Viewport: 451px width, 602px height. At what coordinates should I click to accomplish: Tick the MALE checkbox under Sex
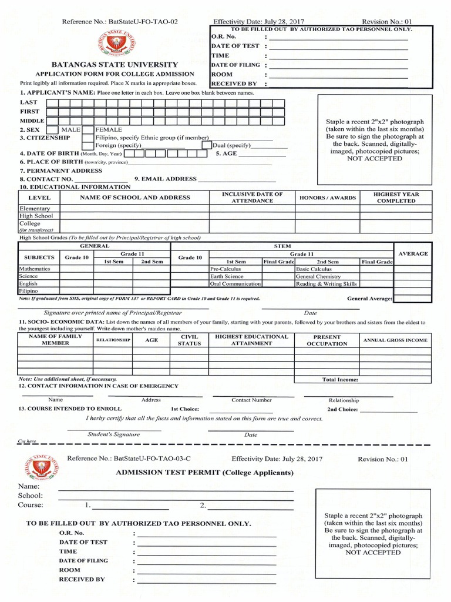pyautogui.click(x=52, y=129)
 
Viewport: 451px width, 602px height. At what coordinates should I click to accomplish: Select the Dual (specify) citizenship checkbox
pyautogui.click(x=207, y=145)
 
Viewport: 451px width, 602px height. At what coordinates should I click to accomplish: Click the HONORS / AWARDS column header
pyautogui.click(x=328, y=198)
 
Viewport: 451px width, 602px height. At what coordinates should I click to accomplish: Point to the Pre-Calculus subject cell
pyautogui.click(x=225, y=269)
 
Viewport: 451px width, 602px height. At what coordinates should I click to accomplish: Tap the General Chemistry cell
pyautogui.click(x=318, y=276)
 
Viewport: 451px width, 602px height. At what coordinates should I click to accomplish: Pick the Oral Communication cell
pyautogui.click(x=235, y=284)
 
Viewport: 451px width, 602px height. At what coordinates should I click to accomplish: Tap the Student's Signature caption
pyautogui.click(x=113, y=434)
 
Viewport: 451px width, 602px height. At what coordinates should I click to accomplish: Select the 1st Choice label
pyautogui.click(x=185, y=409)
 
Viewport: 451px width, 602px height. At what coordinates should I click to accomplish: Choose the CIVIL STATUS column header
pyautogui.click(x=189, y=340)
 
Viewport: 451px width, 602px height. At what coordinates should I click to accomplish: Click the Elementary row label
pyautogui.click(x=35, y=209)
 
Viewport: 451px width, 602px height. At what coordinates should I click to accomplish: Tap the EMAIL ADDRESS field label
pyautogui.click(x=166, y=179)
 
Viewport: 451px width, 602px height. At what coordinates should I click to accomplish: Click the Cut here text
pyautogui.click(x=27, y=441)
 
